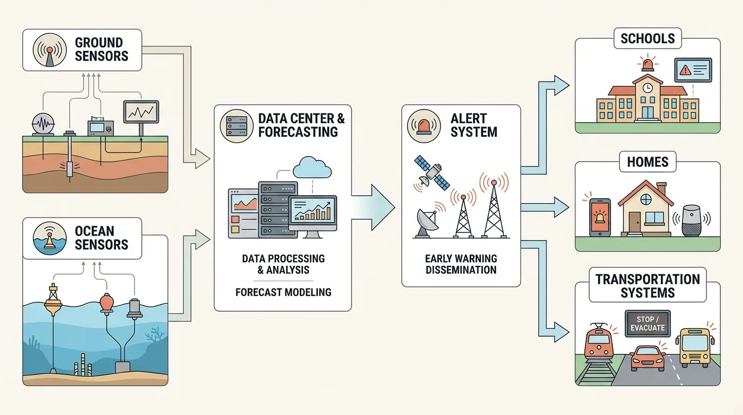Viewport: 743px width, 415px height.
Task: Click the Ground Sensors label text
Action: point(102,49)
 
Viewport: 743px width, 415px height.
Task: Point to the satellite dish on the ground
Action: point(427,223)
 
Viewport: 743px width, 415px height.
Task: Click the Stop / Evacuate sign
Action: point(647,324)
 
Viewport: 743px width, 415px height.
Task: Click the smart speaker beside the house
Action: point(692,219)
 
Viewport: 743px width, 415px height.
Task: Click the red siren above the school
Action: point(647,64)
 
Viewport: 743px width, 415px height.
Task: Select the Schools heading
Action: point(647,39)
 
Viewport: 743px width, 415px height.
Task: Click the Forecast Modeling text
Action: point(283,292)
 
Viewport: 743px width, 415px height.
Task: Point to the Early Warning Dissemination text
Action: point(461,264)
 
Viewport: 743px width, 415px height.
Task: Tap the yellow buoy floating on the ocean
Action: point(53,301)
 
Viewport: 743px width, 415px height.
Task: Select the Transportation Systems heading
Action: point(647,286)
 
